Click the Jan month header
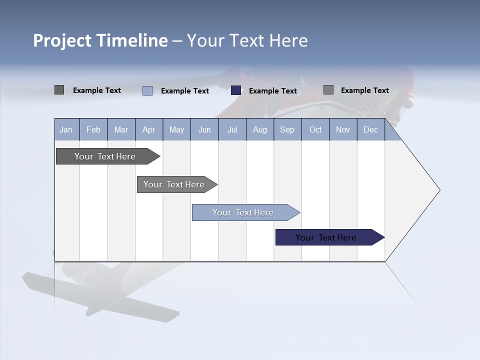[x=66, y=129]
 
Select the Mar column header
[x=121, y=129]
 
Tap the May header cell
[x=176, y=129]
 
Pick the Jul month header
[x=232, y=129]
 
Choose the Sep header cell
[x=287, y=129]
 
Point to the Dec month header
[x=370, y=129]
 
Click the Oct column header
[x=315, y=129]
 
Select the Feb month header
[x=93, y=129]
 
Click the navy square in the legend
[x=236, y=90]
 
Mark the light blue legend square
[x=147, y=90]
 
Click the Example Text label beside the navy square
[x=272, y=91]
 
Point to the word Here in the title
[x=288, y=40]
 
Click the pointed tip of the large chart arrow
[x=438, y=190]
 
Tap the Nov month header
[x=343, y=129]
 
